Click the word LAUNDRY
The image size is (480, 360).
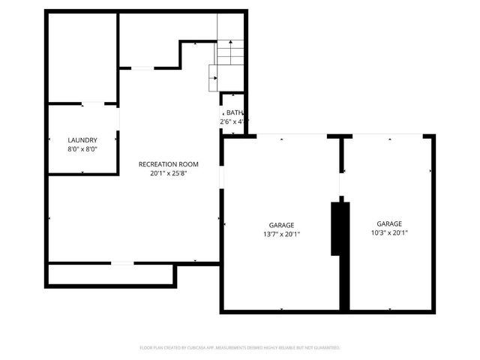click(82, 140)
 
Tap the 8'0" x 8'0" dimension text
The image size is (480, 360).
click(82, 149)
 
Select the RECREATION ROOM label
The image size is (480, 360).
click(168, 163)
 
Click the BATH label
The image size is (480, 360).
click(235, 112)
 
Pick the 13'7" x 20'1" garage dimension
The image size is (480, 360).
click(281, 234)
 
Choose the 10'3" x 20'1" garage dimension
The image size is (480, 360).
click(388, 232)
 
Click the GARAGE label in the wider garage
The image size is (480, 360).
click(281, 225)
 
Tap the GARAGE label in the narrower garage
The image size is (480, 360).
click(388, 223)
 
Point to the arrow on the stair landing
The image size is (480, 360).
click(214, 76)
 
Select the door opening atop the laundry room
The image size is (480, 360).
click(93, 103)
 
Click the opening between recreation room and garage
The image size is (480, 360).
click(220, 177)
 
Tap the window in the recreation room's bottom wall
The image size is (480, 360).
click(121, 262)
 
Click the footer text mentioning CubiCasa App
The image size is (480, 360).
click(240, 348)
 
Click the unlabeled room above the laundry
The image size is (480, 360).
click(82, 56)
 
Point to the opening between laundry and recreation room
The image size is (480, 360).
click(117, 139)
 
